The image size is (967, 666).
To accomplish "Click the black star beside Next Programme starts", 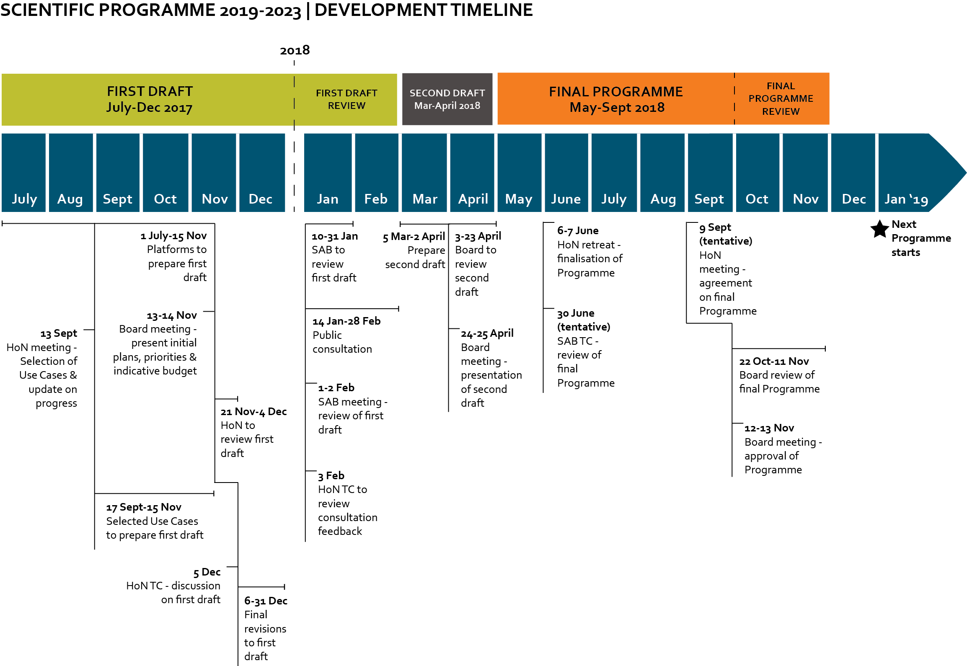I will pos(879,229).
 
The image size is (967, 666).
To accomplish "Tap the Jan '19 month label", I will pos(906,199).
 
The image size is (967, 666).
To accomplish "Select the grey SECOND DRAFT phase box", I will pos(447,99).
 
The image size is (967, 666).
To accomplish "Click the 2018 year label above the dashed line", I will pos(295,50).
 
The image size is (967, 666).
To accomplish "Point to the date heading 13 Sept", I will pos(59,333).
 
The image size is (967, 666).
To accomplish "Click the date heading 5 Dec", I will pos(207,572).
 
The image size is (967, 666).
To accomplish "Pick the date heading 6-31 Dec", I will pos(266,601).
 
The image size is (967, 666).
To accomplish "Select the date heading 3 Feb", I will pos(331,476).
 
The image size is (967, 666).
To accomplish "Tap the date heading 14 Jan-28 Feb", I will pos(346,321).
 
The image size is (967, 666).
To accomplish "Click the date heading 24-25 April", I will pos(487,333).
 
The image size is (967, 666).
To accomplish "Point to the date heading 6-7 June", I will pos(578,230).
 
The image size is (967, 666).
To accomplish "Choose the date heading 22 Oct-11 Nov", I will pos(773,361).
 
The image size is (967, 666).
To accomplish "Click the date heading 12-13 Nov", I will pos(769,428).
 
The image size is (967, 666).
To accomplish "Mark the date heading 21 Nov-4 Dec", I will pos(253,412).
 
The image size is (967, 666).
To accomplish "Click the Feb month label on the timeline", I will pos(375,199).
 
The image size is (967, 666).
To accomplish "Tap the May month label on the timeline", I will pos(518,199).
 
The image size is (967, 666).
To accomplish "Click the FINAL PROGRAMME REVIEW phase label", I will pos(781,99).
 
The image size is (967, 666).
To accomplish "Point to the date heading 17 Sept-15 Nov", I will pos(144,507).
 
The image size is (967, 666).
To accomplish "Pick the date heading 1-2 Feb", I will pos(336,388).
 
